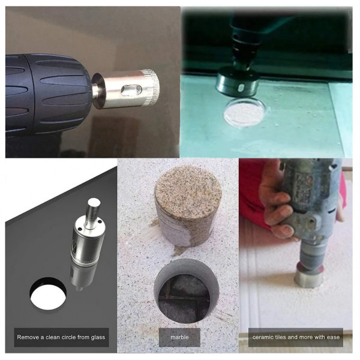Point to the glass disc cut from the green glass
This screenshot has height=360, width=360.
(245, 112)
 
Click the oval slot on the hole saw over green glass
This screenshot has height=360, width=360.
(241, 87)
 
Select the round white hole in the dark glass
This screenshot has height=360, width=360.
(48, 294)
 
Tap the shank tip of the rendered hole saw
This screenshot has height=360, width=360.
(94, 203)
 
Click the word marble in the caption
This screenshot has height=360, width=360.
(179, 337)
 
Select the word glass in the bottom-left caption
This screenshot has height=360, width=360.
(98, 337)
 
